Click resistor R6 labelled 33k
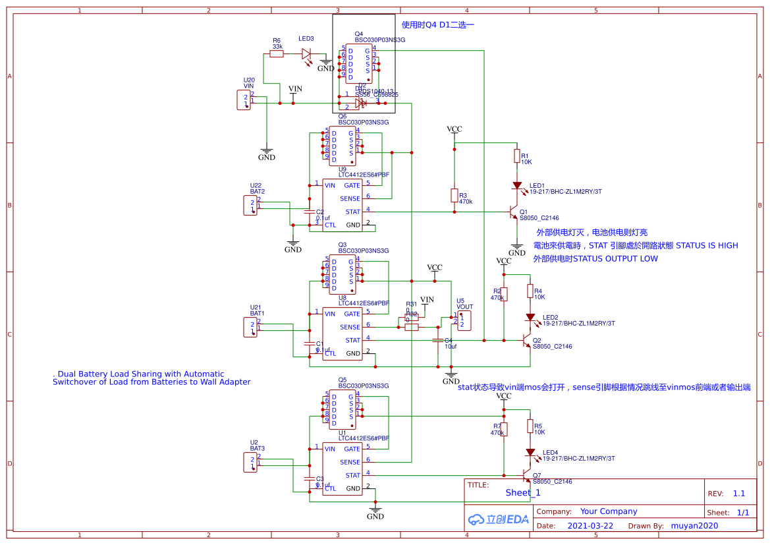(277, 54)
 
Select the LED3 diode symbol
(306, 54)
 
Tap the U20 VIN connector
(244, 100)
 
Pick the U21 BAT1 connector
(250, 327)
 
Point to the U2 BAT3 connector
(250, 462)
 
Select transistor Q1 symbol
(513, 212)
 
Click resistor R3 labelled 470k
(454, 195)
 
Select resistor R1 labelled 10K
(517, 156)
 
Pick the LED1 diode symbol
(517, 186)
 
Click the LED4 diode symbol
(530, 453)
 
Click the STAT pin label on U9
(352, 212)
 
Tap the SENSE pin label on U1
(350, 462)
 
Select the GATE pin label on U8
(352, 314)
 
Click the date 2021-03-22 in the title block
(590, 526)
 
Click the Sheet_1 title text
(523, 493)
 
